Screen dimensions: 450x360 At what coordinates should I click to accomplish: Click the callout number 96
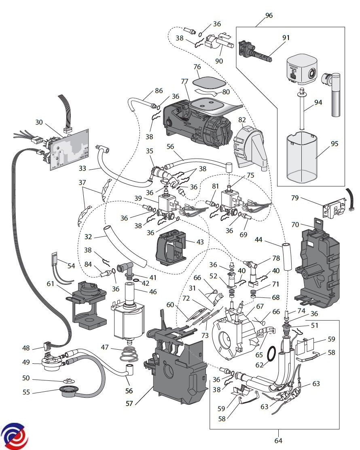pyautogui.click(x=269, y=16)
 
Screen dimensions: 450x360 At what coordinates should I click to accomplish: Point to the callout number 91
pyautogui.click(x=286, y=38)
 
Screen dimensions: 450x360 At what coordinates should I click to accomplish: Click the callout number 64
pyautogui.click(x=278, y=440)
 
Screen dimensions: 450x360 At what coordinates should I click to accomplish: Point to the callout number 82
pyautogui.click(x=242, y=120)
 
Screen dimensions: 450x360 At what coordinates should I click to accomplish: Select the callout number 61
pyautogui.click(x=50, y=284)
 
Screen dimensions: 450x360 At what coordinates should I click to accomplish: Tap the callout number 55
pyautogui.click(x=26, y=392)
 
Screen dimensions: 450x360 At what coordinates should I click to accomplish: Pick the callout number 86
pyautogui.click(x=159, y=91)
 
